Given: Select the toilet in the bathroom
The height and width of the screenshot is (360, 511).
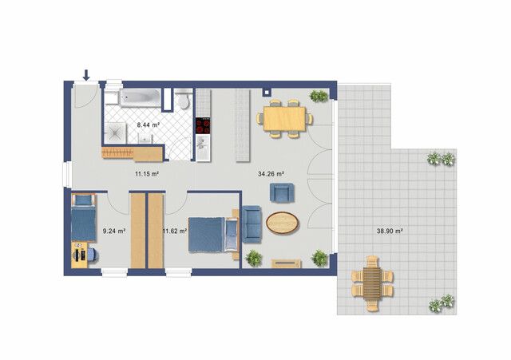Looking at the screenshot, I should [x=183, y=101].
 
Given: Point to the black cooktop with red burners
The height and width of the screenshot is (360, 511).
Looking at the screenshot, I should [x=203, y=125].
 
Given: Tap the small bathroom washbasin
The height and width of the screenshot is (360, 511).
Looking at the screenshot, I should [x=145, y=137].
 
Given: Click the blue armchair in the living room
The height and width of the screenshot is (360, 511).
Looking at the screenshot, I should [x=282, y=192].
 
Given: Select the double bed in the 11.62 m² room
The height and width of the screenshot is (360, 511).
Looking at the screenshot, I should [x=211, y=233].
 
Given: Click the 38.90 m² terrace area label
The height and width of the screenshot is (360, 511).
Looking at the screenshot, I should [x=389, y=231].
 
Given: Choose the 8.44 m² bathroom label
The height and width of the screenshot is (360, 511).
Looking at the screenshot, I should [x=148, y=125].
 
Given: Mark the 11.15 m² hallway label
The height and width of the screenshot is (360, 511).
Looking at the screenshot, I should [x=146, y=172].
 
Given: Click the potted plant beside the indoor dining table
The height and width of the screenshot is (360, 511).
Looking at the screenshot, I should [x=319, y=97].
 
